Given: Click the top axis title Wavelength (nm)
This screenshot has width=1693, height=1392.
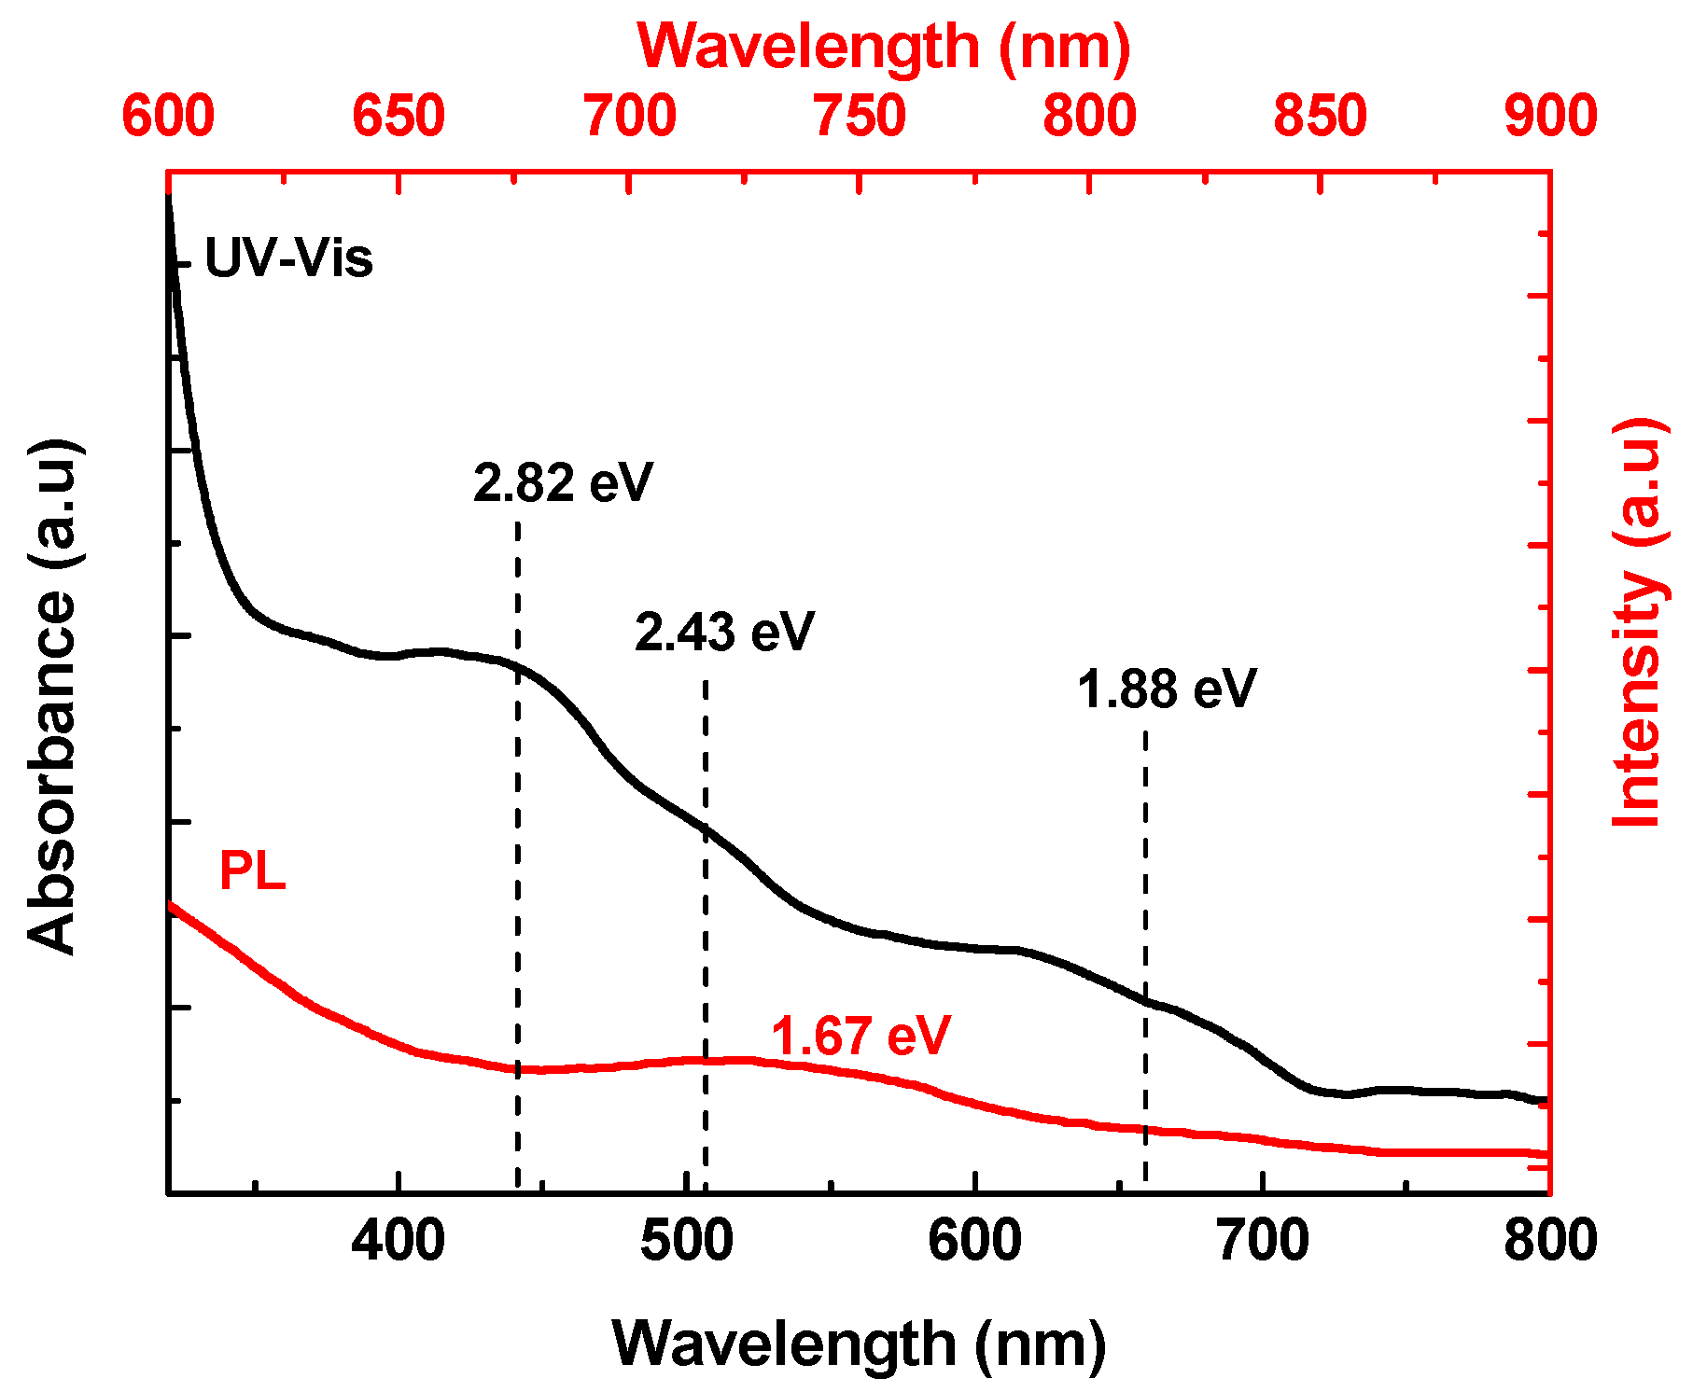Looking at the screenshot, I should coord(883,47).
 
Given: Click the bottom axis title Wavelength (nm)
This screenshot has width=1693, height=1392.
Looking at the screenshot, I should coord(859,1343).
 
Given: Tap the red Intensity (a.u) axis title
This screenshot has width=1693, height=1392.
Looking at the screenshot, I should coord(1639,623).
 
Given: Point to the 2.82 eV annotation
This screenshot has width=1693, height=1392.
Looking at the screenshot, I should coord(563,483).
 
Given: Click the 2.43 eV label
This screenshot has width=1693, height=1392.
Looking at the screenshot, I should coord(724,633).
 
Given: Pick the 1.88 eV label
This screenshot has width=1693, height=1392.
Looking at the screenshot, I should coord(1167,690).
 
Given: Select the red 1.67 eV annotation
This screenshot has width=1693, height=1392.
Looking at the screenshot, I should coord(860,1036).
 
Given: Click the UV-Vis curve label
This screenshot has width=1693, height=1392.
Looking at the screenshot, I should coord(288,258).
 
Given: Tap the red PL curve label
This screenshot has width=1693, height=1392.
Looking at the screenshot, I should coord(252,872).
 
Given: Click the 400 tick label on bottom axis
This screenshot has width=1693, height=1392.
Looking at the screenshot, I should coord(398,1242).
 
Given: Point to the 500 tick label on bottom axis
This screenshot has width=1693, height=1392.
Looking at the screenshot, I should coord(686,1242).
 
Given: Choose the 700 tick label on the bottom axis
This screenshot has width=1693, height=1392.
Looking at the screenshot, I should coord(1263,1242).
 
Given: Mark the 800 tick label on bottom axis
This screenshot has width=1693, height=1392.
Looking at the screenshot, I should coord(1550,1242).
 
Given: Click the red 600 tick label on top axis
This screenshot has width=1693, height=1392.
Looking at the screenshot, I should coord(168,117).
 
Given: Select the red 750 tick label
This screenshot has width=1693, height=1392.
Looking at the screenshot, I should coord(860,117).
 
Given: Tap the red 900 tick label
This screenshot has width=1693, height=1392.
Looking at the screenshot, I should coord(1550,117).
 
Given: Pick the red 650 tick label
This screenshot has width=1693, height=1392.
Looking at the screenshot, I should coord(399,117).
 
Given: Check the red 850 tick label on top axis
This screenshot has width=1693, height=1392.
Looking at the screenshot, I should coord(1320,117).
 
